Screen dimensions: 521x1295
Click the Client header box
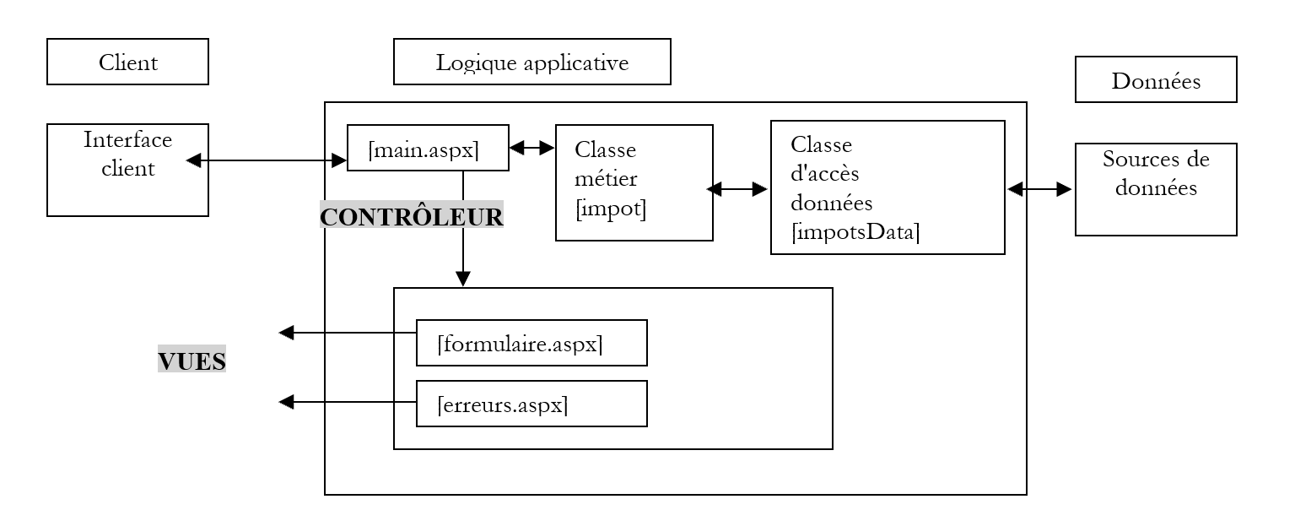[x=127, y=62]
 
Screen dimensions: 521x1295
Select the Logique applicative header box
[x=531, y=62]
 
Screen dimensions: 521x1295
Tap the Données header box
[x=1155, y=79]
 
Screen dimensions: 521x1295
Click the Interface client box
[x=127, y=170]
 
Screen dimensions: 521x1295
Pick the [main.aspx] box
[x=428, y=148]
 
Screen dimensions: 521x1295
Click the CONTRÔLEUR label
[x=412, y=217]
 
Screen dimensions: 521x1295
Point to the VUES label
[x=192, y=361]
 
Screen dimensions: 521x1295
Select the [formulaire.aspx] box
[x=531, y=343]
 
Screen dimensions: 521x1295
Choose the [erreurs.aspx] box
[x=531, y=404]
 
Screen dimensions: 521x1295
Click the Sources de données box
[x=1155, y=189]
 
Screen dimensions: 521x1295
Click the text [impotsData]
[x=855, y=233]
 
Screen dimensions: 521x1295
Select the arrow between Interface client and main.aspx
[x=267, y=159]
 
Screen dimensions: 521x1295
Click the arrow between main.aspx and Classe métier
[x=531, y=148]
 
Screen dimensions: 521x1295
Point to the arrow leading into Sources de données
[x=1039, y=190]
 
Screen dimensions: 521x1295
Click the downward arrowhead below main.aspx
[x=462, y=279]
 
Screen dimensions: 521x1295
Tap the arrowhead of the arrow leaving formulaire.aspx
[x=287, y=334]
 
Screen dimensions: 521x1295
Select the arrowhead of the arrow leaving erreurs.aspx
[x=287, y=403]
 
